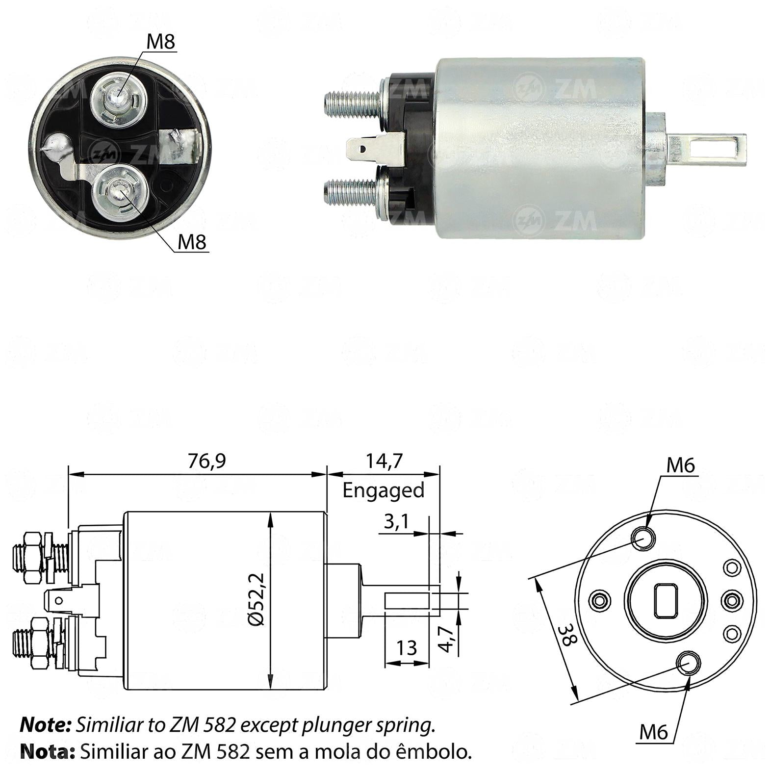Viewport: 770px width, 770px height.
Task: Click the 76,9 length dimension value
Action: pyautogui.click(x=207, y=461)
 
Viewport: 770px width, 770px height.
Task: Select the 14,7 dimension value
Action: pyautogui.click(x=384, y=461)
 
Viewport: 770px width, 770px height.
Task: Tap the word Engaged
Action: pyautogui.click(x=383, y=490)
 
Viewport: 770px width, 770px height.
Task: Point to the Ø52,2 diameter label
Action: pyautogui.click(x=257, y=599)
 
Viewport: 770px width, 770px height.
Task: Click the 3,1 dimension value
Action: pyautogui.click(x=396, y=522)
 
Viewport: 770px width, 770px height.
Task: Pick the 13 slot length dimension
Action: pyautogui.click(x=407, y=648)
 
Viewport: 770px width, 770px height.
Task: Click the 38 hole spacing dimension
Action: pyautogui.click(x=565, y=635)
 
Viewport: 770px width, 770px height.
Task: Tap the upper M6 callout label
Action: pyautogui.click(x=681, y=465)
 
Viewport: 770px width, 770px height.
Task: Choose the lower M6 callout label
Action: pyautogui.click(x=654, y=733)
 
